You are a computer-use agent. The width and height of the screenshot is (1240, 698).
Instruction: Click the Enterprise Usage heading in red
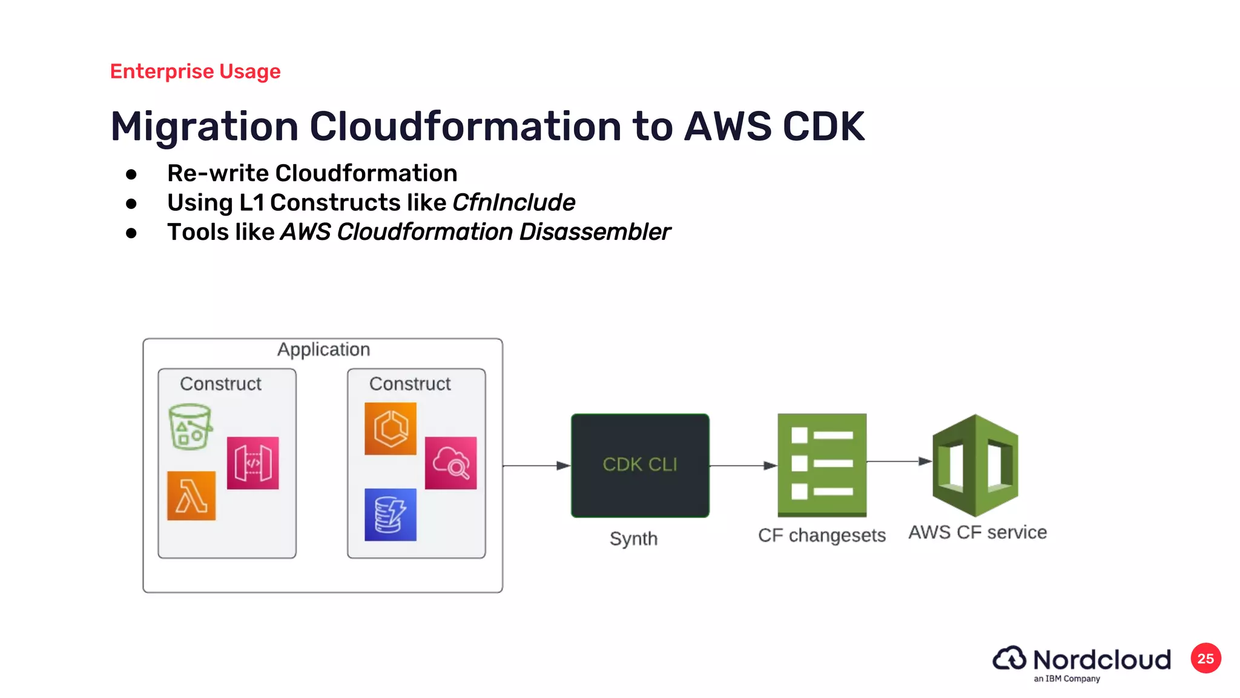(x=195, y=71)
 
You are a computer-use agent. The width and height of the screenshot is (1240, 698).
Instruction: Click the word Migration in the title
(x=204, y=127)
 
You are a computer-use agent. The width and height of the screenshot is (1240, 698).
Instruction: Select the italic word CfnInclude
(x=513, y=202)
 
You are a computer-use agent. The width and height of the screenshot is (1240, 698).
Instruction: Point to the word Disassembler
(x=595, y=232)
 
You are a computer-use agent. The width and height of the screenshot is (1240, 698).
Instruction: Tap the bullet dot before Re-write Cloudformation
(x=131, y=174)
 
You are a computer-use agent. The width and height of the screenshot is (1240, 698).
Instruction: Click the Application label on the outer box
(x=323, y=350)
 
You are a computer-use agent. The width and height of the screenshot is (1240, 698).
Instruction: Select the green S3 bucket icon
(x=190, y=427)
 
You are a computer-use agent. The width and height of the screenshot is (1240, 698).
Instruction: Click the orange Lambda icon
(x=191, y=496)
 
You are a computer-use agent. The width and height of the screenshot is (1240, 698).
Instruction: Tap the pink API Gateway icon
(x=252, y=463)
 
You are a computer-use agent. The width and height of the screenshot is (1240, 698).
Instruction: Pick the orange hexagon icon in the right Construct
(x=391, y=428)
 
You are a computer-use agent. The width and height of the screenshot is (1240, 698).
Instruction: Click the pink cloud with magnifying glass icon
(x=450, y=463)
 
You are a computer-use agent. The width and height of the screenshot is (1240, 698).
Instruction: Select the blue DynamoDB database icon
(x=391, y=514)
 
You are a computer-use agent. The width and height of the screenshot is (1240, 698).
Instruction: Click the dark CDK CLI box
(x=640, y=465)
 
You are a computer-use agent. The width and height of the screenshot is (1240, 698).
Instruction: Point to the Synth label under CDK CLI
(x=633, y=539)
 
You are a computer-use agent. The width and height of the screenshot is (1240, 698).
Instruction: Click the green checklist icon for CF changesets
(x=822, y=465)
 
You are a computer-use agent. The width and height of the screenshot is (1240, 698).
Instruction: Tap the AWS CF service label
(x=977, y=533)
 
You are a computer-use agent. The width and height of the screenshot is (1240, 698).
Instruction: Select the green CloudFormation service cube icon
(x=975, y=465)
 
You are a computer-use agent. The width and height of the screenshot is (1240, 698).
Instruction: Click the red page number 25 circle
(x=1205, y=659)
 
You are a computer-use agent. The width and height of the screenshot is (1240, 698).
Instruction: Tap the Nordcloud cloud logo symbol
(x=1009, y=659)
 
